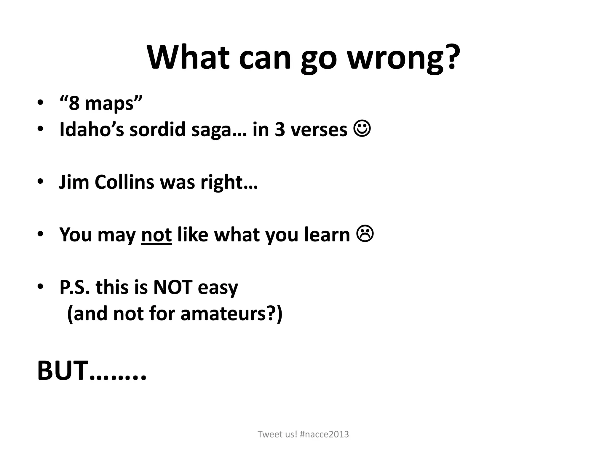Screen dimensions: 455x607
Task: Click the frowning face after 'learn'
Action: click(365, 234)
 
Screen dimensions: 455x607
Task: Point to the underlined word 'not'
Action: click(156, 235)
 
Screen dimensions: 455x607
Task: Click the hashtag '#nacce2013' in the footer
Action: click(324, 434)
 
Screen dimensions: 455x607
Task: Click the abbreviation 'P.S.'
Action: click(74, 287)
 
